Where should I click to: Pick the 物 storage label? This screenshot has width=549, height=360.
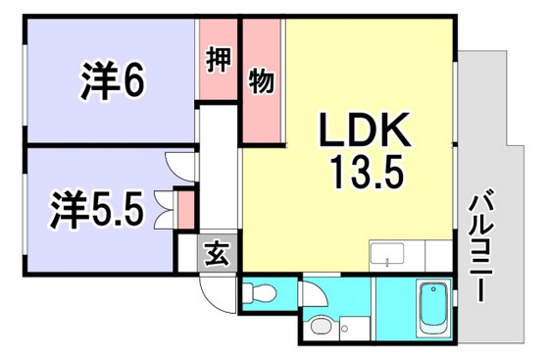(x=261, y=79)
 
